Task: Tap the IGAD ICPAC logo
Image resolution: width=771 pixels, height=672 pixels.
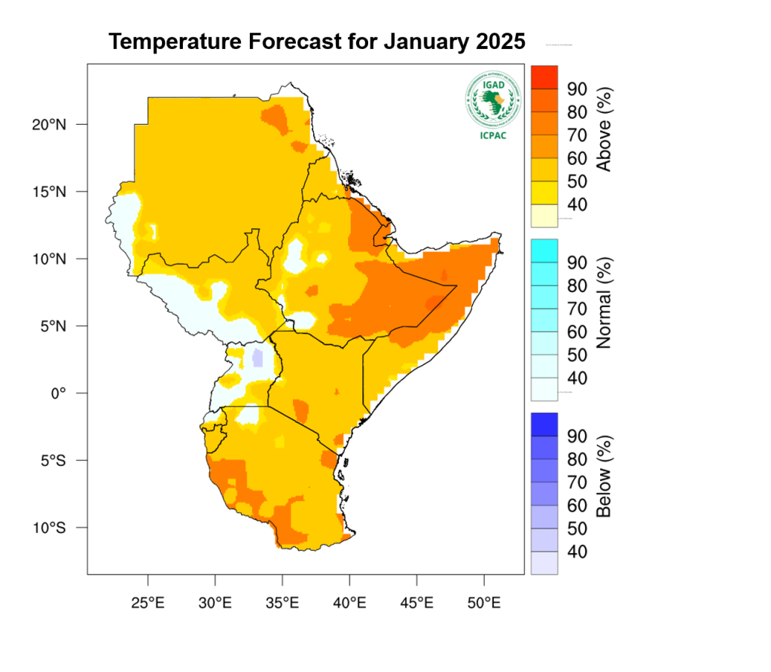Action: pyautogui.click(x=492, y=106)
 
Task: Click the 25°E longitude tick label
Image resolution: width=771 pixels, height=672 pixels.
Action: pyautogui.click(x=148, y=603)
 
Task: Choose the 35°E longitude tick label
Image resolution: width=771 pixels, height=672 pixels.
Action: pyautogui.click(x=282, y=603)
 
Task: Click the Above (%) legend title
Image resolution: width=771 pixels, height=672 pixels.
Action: pyautogui.click(x=603, y=129)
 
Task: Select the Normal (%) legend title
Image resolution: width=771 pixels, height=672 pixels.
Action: pyautogui.click(x=603, y=303)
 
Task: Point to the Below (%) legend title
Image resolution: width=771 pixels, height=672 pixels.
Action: pyautogui.click(x=603, y=476)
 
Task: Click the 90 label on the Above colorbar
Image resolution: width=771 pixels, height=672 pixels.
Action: pyautogui.click(x=577, y=89)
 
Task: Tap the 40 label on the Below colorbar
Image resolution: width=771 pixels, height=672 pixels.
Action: pyautogui.click(x=577, y=552)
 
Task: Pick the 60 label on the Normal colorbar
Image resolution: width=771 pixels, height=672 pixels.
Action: pyautogui.click(x=577, y=332)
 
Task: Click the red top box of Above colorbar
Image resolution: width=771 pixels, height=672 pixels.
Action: pyautogui.click(x=544, y=77)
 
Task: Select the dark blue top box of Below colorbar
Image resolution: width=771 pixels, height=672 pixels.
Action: pyautogui.click(x=544, y=424)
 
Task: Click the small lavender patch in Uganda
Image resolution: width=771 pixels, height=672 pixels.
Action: pyautogui.click(x=258, y=356)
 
